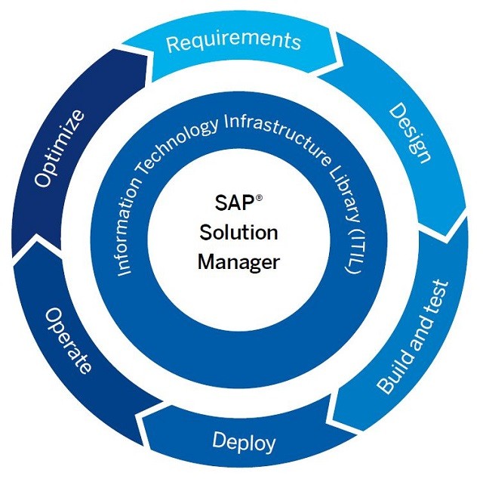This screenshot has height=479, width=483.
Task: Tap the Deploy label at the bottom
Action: pos(244,440)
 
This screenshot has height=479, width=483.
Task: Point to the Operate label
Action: pos(69,341)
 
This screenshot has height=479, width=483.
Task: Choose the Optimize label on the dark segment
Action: pos(58,149)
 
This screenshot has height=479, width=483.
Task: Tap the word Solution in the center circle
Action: pos(238,233)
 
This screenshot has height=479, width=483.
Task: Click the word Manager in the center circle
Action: pos(238,262)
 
